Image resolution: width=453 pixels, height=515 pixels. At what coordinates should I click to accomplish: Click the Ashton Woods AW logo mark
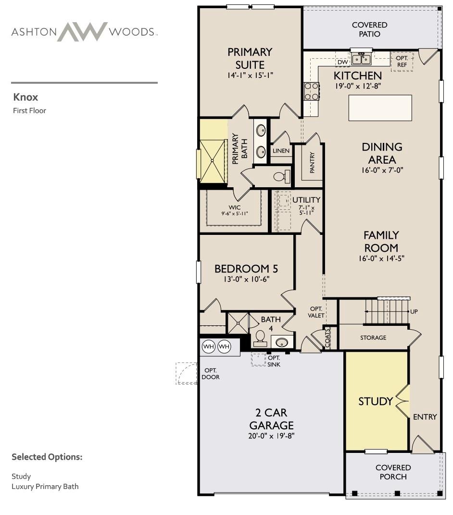(x=82, y=32)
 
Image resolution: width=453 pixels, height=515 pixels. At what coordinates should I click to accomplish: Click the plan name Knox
(x=25, y=97)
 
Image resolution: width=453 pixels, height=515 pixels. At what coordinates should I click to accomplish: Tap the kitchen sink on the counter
(x=361, y=59)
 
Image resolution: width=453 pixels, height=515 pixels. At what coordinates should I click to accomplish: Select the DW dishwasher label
(x=342, y=62)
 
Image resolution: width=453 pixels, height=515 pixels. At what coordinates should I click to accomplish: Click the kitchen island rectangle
(x=380, y=108)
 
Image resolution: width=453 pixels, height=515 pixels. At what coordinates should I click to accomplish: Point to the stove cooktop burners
(x=312, y=91)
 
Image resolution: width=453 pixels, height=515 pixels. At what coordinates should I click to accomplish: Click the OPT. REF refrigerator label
(x=402, y=62)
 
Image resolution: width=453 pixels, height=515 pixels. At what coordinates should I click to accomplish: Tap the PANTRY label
(x=312, y=162)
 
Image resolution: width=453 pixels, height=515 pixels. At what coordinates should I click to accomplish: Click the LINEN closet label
(x=281, y=151)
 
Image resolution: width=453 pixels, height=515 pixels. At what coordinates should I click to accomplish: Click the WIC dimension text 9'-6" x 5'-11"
(x=234, y=214)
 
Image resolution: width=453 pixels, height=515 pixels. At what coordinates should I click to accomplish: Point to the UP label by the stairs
(x=414, y=311)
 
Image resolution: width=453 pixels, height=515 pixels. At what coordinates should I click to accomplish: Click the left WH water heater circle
(x=209, y=347)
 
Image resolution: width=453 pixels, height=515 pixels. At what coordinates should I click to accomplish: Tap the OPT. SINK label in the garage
(x=274, y=361)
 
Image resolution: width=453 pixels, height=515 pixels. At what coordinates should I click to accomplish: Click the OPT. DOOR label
(x=211, y=374)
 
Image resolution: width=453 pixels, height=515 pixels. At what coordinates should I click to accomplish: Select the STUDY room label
(x=376, y=401)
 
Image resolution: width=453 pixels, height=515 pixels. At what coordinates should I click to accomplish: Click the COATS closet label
(x=327, y=338)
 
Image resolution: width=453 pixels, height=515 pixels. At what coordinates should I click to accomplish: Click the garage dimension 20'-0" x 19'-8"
(x=271, y=436)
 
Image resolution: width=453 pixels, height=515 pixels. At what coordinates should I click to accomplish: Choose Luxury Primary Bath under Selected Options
(x=45, y=487)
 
